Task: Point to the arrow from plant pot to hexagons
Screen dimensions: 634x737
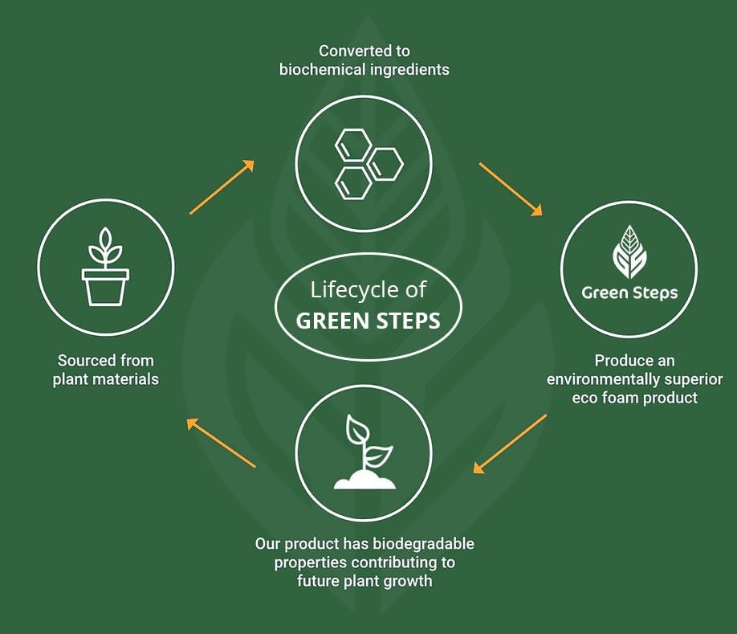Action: pyautogui.click(x=222, y=186)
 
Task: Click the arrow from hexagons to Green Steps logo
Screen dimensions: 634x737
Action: pyautogui.click(x=511, y=190)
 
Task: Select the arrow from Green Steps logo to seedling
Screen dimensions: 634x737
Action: pyautogui.click(x=510, y=444)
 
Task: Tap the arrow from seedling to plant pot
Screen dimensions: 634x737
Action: pyautogui.click(x=222, y=442)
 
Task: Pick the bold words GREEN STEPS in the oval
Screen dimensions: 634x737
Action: pyautogui.click(x=368, y=321)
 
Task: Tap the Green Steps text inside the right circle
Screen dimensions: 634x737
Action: pyautogui.click(x=629, y=292)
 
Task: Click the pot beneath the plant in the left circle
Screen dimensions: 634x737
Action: pyautogui.click(x=105, y=287)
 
